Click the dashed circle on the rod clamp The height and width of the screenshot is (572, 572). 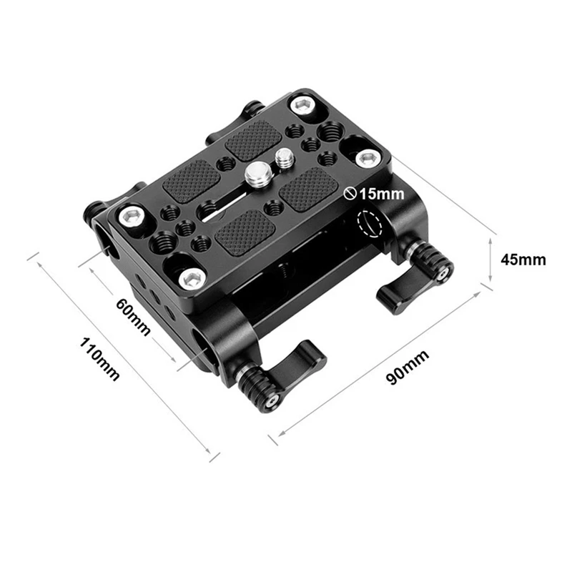pyautogui.click(x=370, y=224)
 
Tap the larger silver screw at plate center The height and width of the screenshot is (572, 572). pyautogui.click(x=257, y=173)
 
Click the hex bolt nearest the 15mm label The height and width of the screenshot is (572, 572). pyautogui.click(x=367, y=159)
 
